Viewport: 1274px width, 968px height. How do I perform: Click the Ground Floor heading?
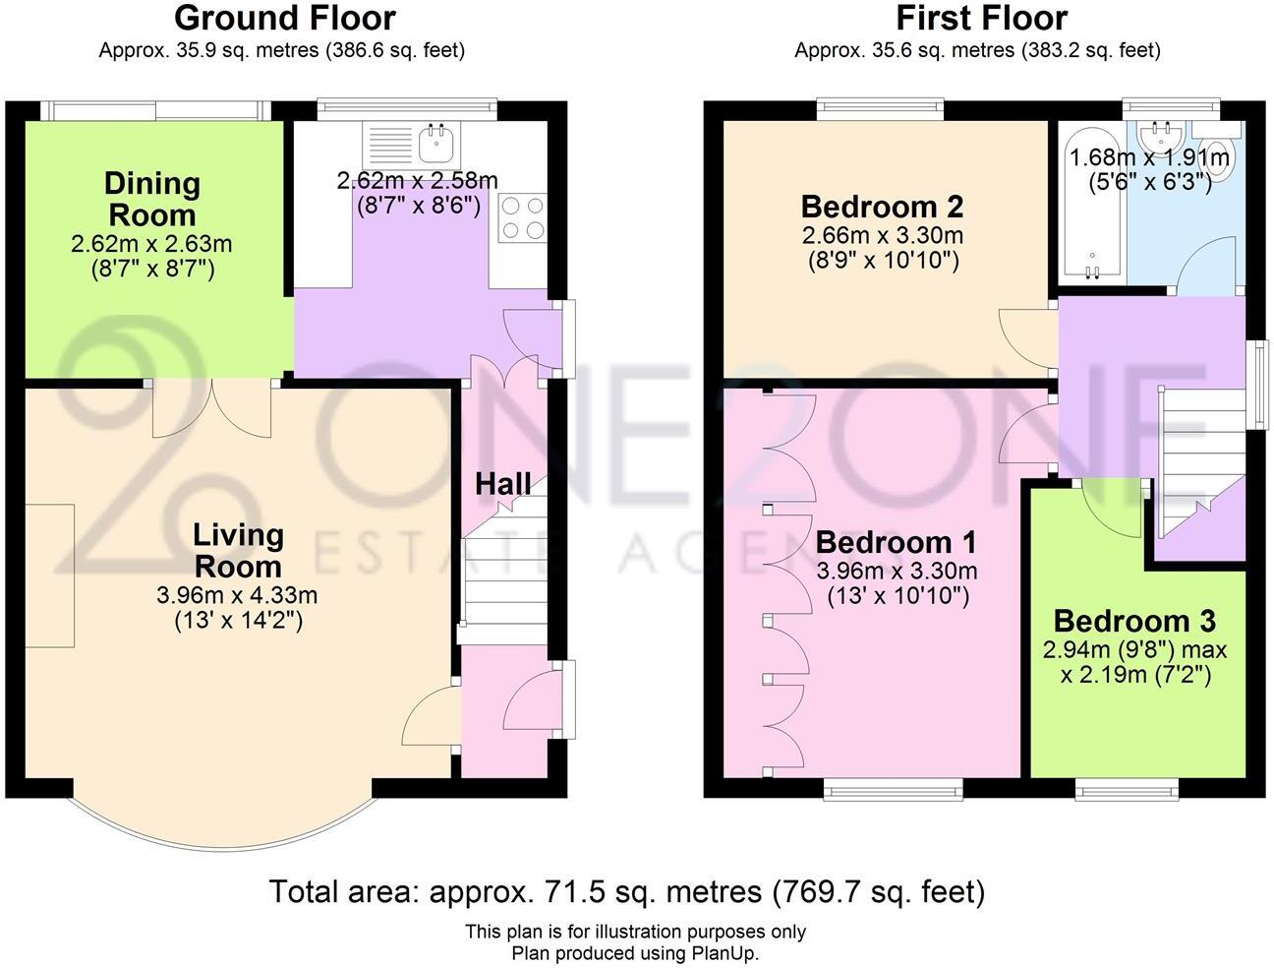tap(284, 18)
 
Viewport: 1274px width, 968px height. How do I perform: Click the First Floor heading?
tap(980, 18)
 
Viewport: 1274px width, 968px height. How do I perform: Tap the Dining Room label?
tap(151, 199)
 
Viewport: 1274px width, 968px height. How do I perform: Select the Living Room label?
tap(238, 550)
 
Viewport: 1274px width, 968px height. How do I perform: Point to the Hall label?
tap(502, 484)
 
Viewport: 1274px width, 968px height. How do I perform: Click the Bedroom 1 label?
tap(896, 542)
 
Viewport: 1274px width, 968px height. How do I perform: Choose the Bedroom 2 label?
tap(882, 207)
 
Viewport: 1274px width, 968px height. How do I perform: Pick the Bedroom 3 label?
tap(1134, 621)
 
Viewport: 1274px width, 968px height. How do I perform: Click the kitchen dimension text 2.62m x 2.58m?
tap(418, 181)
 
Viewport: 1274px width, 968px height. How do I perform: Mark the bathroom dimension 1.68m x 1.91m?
tap(1148, 157)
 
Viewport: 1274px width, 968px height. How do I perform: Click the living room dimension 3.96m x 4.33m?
tap(237, 595)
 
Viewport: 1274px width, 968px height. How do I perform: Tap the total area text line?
tap(626, 892)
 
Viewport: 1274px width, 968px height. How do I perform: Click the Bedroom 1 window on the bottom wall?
tap(893, 786)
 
